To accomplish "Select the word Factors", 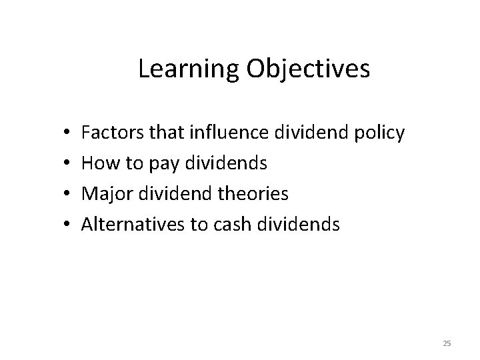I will tap(109, 133).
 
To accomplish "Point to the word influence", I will tap(229, 133).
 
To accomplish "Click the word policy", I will tap(379, 133).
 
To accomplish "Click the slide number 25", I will tap(447, 343).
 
